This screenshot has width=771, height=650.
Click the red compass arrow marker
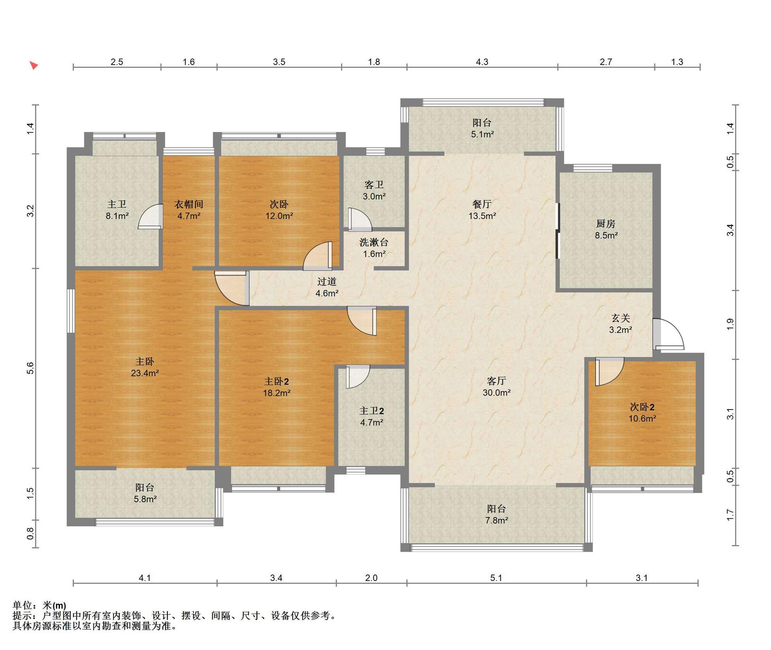pyautogui.click(x=34, y=65)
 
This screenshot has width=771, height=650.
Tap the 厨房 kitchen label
pyautogui.click(x=606, y=224)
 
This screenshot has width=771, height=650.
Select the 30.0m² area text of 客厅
pyautogui.click(x=496, y=393)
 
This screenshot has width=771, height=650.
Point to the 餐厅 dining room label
pyautogui.click(x=482, y=204)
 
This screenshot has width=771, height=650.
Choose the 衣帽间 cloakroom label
pyautogui.click(x=189, y=204)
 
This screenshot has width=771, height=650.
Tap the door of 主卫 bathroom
pyautogui.click(x=151, y=216)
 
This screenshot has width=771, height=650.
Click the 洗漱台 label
pyautogui.click(x=374, y=242)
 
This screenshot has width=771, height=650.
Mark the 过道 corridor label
pyautogui.click(x=327, y=281)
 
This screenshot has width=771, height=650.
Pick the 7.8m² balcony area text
pyautogui.click(x=496, y=520)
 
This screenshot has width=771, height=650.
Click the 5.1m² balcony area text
pyautogui.click(x=482, y=134)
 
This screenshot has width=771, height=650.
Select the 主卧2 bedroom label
pyautogui.click(x=276, y=381)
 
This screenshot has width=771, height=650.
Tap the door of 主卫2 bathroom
pyautogui.click(x=358, y=377)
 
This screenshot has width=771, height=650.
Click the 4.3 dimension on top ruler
pyautogui.click(x=482, y=62)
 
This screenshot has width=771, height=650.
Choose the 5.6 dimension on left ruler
pyautogui.click(x=31, y=368)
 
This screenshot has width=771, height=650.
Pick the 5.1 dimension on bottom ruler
pyautogui.click(x=496, y=578)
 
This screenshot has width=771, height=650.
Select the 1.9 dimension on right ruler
pyautogui.click(x=730, y=324)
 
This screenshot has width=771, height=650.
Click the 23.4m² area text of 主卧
pyautogui.click(x=145, y=373)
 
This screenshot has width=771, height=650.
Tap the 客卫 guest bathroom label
pyautogui.click(x=374, y=185)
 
